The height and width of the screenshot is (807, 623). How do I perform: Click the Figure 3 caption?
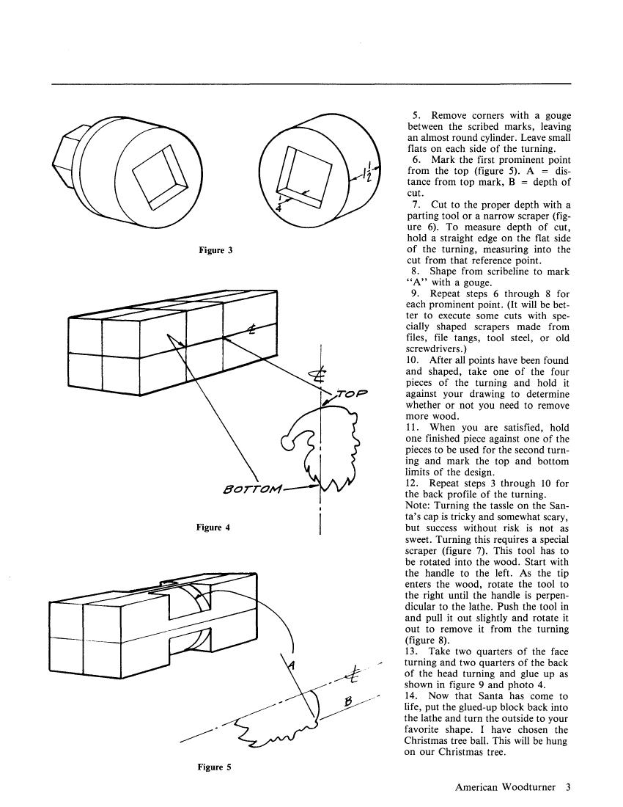point(215,250)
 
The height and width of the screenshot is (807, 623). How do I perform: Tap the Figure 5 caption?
point(215,767)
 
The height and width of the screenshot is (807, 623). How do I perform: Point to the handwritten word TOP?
point(350,394)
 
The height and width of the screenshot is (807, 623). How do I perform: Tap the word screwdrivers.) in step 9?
point(437,350)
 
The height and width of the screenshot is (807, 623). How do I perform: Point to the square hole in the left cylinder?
point(156,175)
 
